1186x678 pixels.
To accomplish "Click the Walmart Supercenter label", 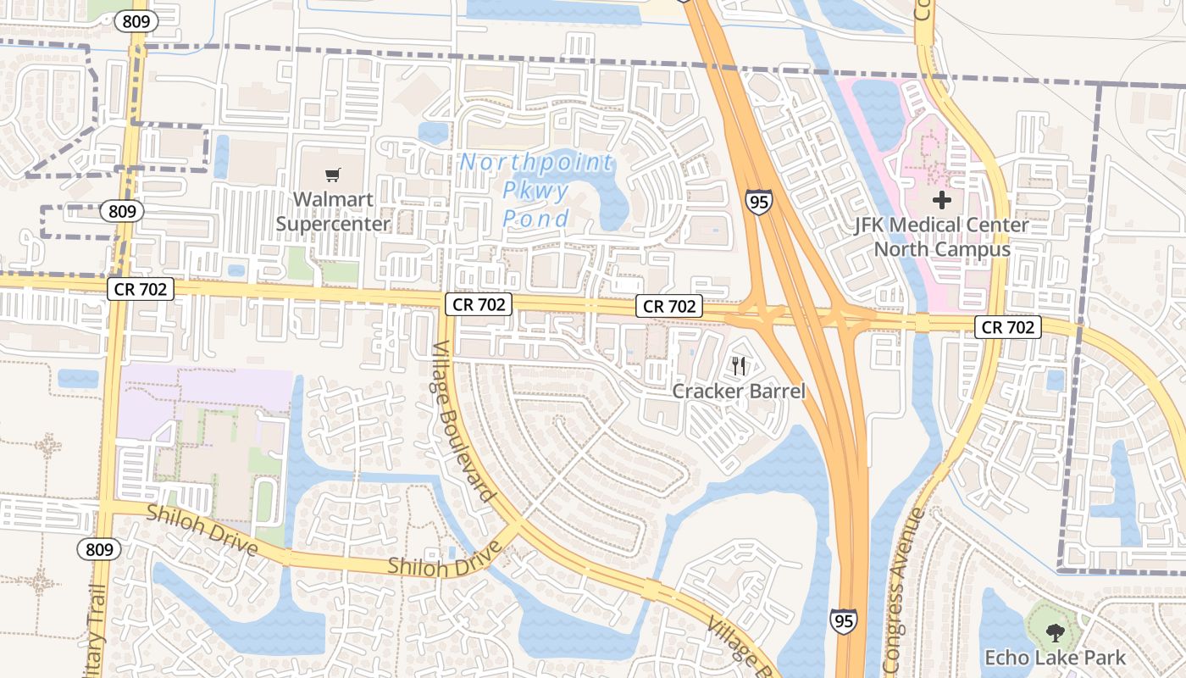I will pos(333,213).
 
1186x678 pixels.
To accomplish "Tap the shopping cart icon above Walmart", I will pos(333,175).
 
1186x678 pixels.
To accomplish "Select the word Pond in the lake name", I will pos(535,220).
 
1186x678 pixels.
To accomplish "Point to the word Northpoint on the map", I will pos(537,162).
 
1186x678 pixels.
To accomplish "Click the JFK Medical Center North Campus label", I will pos(942,237).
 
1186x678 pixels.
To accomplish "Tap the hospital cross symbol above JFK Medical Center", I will pos(942,201).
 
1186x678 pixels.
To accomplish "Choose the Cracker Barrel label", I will pos(739,391).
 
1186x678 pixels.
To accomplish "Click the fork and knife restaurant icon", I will pos(739,366).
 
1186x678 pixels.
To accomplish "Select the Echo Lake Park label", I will pos(1055,657).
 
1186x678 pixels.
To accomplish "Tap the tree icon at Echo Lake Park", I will pos(1055,631).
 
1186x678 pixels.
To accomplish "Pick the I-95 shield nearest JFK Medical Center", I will pos(759,202).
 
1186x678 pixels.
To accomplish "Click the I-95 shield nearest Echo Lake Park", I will pos(843,620).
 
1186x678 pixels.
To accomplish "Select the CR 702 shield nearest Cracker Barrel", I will pos(670,306).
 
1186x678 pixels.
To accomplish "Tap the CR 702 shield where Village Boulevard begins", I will pos(479,303).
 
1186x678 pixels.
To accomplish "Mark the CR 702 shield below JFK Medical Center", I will pos(1007,326).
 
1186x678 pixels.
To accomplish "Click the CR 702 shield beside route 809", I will pos(141,289).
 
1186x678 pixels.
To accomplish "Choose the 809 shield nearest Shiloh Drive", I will pos(99,549).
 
